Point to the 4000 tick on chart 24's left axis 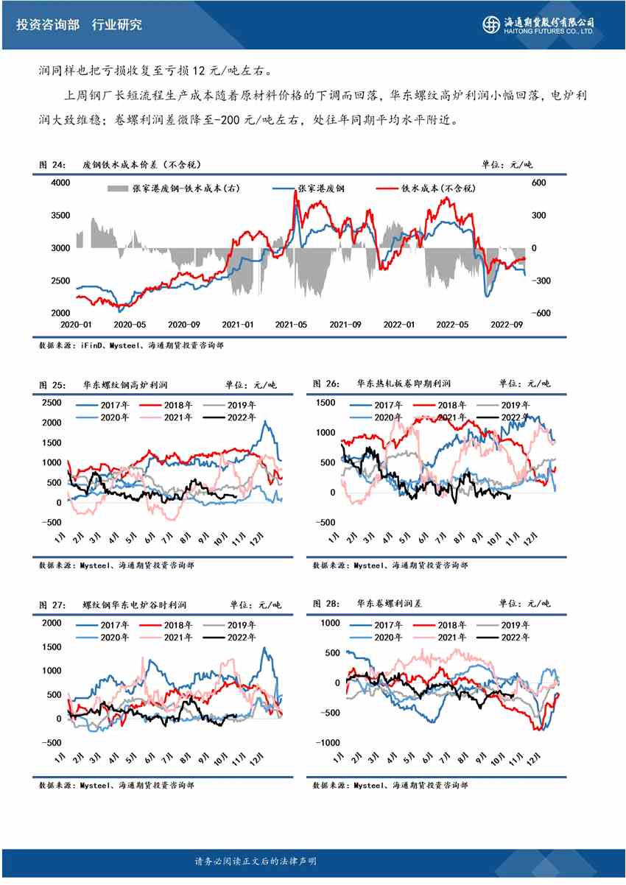(60, 182)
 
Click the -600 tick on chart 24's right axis (541, 313)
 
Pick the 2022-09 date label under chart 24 (506, 325)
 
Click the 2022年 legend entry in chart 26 (516, 417)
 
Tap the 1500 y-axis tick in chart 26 (326, 403)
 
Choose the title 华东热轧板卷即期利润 (404, 384)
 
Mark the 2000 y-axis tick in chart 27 (52, 623)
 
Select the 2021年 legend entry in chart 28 (452, 637)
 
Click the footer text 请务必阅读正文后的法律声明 (254, 861)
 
